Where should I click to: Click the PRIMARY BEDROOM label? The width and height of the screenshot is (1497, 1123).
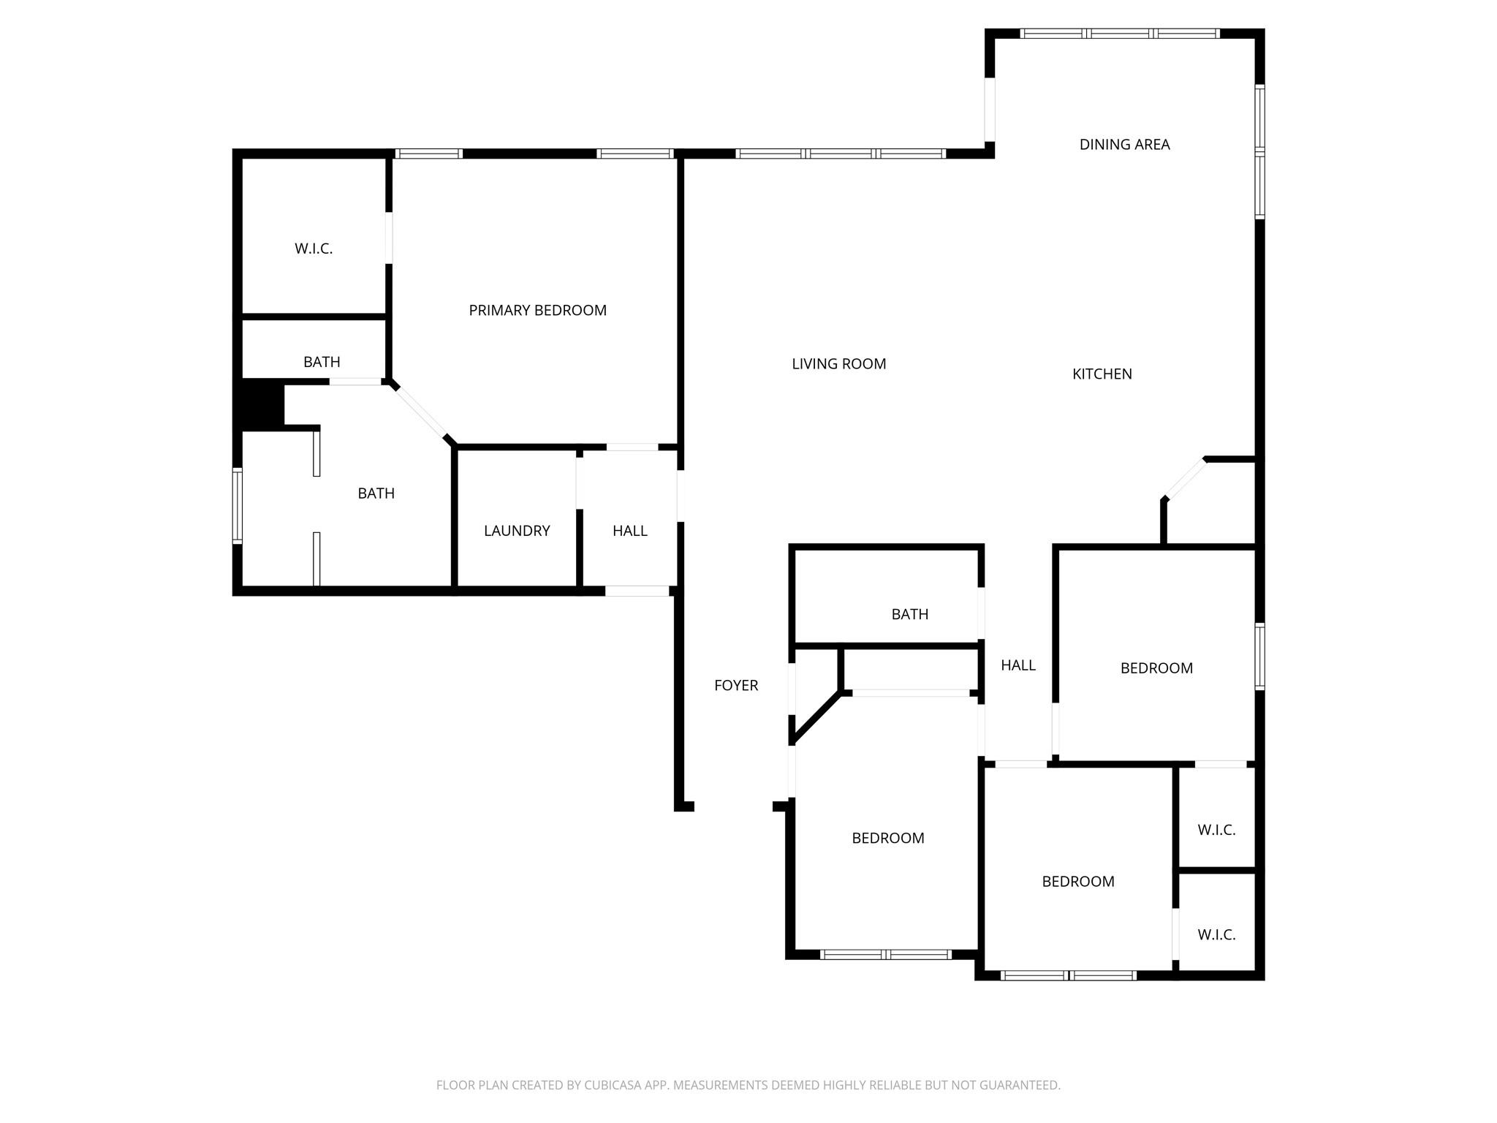tap(537, 310)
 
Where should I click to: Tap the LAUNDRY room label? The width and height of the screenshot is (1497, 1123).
tap(517, 531)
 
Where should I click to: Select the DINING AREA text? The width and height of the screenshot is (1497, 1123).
tap(1124, 145)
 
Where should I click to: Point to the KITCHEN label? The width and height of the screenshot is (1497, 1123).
tap(1102, 374)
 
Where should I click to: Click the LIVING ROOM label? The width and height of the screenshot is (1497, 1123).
tap(838, 364)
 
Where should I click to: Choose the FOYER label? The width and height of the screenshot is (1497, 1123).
tap(735, 685)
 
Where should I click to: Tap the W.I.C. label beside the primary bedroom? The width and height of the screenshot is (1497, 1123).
tap(314, 249)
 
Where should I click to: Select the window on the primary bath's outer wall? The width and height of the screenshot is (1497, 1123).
tap(238, 505)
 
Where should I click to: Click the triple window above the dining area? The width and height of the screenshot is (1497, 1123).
tap(1119, 34)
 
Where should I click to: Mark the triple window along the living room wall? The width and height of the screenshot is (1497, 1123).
tap(841, 154)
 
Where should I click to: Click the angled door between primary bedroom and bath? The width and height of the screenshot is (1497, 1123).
tap(421, 413)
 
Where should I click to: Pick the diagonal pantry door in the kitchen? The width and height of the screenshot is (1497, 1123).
tap(1184, 479)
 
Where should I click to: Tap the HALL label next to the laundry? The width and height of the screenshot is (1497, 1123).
tap(629, 531)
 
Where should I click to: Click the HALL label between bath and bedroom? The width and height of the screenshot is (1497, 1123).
tap(1017, 665)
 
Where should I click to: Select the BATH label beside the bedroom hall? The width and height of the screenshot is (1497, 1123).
tap(909, 615)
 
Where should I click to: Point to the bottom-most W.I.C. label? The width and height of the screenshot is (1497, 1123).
tap(1216, 934)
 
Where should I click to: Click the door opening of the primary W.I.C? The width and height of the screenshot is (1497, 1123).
tap(389, 238)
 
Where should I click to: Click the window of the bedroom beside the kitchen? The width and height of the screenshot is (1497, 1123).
tap(1259, 656)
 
